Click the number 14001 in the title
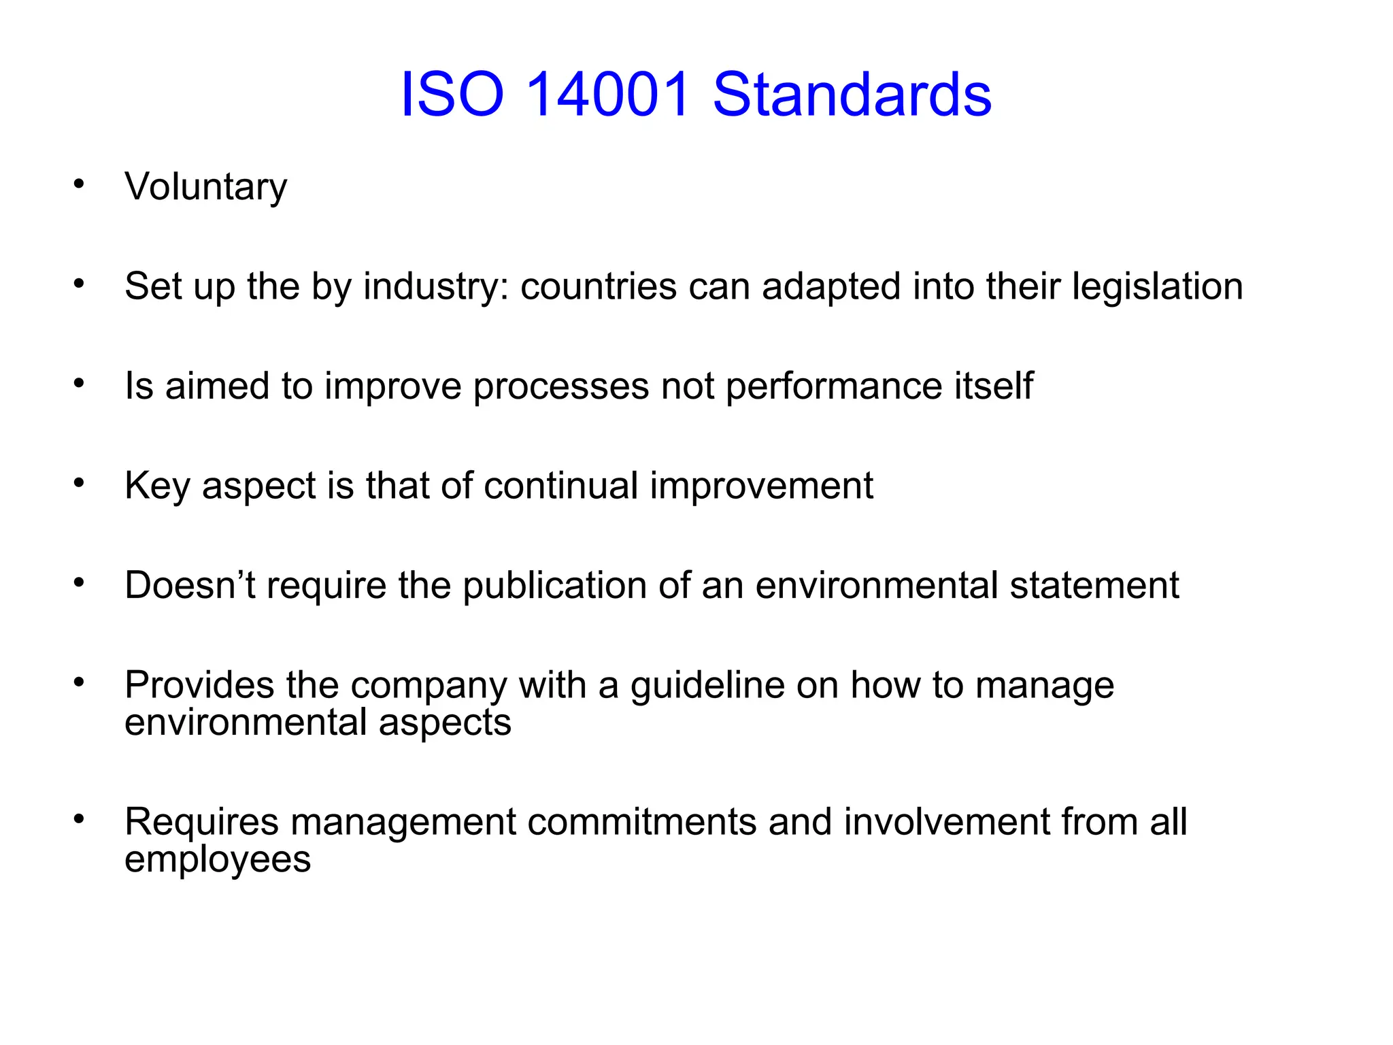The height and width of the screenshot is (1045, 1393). [x=609, y=95]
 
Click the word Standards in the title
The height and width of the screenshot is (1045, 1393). [x=852, y=95]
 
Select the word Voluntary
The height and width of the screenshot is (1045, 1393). [x=206, y=186]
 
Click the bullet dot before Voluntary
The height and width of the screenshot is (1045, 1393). [x=80, y=184]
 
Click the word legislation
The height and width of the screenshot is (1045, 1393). [x=1158, y=286]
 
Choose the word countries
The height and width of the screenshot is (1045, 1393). [x=599, y=286]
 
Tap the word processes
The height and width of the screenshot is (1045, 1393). [x=561, y=386]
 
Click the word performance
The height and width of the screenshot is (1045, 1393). [x=834, y=386]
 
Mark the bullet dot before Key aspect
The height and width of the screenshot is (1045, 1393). [x=80, y=483]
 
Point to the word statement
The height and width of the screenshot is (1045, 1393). [x=1094, y=585]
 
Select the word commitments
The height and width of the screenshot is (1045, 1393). [x=641, y=822]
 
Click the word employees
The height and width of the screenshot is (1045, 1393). [x=218, y=859]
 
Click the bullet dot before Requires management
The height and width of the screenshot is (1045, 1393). [x=80, y=819]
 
